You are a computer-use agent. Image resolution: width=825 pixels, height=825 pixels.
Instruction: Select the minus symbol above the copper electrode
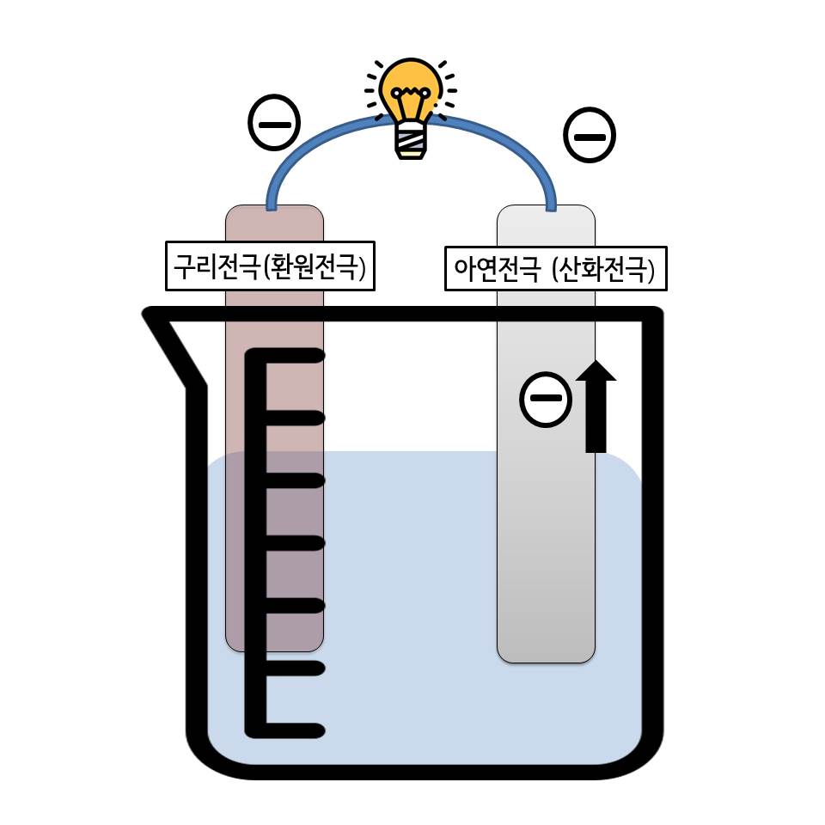[x=274, y=123]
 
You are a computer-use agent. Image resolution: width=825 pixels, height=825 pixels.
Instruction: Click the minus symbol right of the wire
[x=590, y=136]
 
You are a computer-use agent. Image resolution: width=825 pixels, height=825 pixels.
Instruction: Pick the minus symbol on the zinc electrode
[x=546, y=399]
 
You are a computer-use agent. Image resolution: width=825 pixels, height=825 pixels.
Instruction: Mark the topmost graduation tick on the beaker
[x=292, y=355]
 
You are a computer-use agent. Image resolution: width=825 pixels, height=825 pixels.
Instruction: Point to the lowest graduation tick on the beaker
[x=292, y=730]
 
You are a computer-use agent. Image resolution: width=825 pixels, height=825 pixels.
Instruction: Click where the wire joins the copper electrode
[x=272, y=205]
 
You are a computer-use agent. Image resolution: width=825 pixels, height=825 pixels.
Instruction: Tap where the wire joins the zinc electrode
[x=551, y=205]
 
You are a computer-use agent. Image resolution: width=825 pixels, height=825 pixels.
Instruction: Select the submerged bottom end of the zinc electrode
[x=546, y=649]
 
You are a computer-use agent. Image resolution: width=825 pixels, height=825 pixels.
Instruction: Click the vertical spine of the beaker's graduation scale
[x=255, y=541]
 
